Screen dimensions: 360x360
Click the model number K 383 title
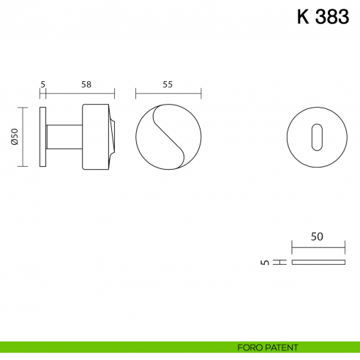pos(322,18)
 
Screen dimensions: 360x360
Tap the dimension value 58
pos(86,85)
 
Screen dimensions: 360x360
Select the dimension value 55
pos(168,85)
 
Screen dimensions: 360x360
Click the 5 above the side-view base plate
pos(43,85)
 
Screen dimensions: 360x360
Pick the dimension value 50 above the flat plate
pos(317,237)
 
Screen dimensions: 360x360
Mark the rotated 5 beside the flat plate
pos(265,261)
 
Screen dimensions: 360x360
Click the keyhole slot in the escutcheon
pos(316,136)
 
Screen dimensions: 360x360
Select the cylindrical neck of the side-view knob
pos(64,137)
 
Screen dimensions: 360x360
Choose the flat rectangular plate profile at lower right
pos(317,261)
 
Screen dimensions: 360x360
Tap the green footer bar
pos(110,347)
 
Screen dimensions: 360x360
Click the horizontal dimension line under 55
pos(168,94)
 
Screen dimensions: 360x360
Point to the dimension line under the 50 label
pos(317,247)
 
